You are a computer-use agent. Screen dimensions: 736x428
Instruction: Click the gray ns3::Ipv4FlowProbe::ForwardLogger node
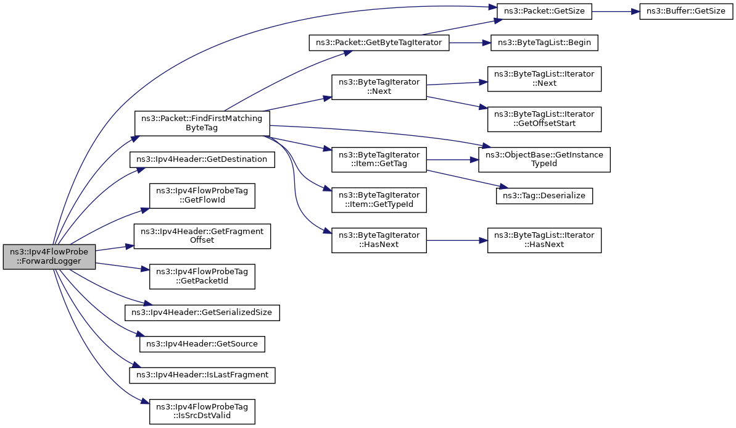49,256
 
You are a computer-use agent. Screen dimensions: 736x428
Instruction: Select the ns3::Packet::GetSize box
545,11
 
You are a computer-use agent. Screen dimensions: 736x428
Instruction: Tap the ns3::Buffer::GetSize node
686,11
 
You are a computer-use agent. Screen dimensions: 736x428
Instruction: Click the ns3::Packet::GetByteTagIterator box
379,43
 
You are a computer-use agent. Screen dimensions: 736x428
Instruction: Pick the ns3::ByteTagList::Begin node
544,43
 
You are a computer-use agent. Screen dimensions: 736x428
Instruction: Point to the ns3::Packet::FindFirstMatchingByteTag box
202,124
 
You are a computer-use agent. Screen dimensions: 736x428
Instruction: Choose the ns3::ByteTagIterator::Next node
379,87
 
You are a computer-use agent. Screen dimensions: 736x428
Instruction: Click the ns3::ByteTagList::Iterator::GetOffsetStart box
544,119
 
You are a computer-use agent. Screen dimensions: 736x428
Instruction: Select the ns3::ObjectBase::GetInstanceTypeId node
544,159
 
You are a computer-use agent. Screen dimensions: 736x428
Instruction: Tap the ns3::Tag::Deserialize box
544,195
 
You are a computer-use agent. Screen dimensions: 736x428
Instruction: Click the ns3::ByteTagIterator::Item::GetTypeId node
379,199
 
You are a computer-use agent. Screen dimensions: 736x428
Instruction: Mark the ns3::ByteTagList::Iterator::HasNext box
544,240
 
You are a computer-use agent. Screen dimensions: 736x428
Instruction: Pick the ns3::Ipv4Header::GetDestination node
202,159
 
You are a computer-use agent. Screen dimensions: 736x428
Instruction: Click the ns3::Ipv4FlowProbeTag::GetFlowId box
202,196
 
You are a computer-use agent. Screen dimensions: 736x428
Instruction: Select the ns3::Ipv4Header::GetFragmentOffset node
202,237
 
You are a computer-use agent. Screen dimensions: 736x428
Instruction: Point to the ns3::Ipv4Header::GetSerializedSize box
202,313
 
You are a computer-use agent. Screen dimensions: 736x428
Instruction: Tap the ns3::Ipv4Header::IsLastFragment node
202,375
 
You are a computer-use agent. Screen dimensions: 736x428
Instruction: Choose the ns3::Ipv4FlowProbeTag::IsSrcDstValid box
202,411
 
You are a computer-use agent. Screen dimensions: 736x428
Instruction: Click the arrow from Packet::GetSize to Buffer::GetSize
616,11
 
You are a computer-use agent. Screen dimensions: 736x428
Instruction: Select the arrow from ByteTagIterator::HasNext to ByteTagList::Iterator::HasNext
457,240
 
